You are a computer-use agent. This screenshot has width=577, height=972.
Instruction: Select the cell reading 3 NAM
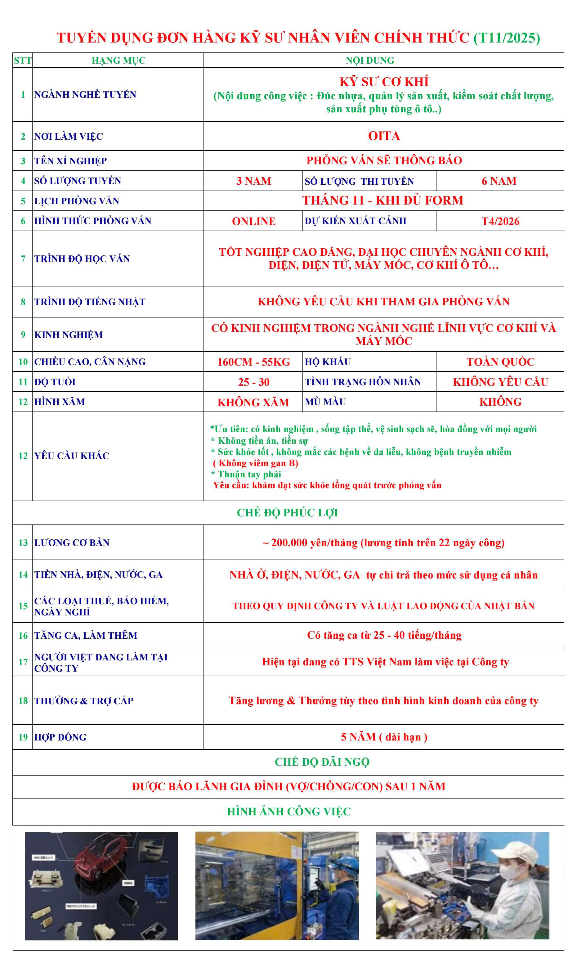253,181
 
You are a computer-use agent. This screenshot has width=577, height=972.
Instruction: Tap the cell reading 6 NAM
499,181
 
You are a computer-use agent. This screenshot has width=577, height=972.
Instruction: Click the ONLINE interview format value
253,221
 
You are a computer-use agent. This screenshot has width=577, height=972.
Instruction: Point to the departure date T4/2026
500,221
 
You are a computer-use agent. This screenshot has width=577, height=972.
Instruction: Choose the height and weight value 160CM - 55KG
253,362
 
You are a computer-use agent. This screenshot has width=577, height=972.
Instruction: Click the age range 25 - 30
253,382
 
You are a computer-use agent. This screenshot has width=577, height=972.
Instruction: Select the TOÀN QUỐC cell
500,362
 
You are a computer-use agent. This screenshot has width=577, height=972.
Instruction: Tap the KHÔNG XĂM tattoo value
253,402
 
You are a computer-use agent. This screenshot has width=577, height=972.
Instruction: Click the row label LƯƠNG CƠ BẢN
72,542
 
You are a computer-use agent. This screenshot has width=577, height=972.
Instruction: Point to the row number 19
23,737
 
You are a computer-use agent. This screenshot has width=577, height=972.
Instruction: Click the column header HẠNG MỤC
118,61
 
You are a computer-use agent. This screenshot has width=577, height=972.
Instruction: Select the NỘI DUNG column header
370,61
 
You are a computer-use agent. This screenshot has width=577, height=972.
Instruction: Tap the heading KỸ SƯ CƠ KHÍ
384,82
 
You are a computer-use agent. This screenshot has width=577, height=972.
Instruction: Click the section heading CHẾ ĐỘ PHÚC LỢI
287,513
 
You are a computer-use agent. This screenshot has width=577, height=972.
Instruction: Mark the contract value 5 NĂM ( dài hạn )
384,737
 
